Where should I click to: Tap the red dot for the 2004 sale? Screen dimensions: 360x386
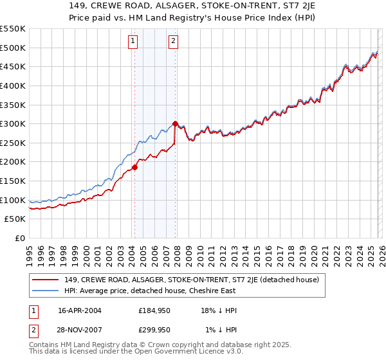134,167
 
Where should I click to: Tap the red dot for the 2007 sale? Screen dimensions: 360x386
176,123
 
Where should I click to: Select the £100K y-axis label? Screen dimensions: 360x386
13,200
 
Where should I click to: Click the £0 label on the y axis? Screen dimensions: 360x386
19,238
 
